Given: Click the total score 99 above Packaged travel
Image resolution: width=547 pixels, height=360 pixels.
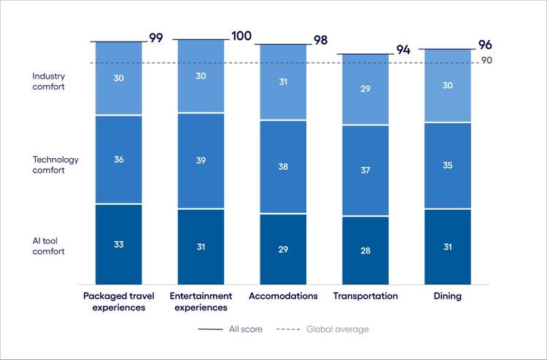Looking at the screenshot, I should click(x=156, y=38).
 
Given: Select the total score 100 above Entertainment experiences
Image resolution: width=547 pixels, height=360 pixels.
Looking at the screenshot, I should click(x=242, y=36).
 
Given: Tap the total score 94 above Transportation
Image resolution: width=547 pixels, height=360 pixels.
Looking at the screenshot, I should click(x=403, y=50).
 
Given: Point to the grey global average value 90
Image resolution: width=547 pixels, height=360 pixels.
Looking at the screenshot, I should click(x=486, y=60).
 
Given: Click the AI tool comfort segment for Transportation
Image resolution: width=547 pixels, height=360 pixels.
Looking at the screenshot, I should click(x=365, y=250).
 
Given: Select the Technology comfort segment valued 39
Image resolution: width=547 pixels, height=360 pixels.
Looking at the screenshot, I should click(x=201, y=160).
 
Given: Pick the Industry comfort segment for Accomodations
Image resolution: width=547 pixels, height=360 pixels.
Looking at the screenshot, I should click(x=283, y=82).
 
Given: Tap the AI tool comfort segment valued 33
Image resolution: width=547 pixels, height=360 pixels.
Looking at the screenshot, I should click(x=118, y=245).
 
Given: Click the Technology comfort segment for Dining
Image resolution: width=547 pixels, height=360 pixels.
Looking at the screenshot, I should click(x=448, y=165).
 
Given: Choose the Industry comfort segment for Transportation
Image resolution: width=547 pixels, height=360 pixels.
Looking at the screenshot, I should click(x=365, y=89).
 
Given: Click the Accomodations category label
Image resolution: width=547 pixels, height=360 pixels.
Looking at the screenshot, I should click(x=283, y=296).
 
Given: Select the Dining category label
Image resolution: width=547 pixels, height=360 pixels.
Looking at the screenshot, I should click(x=448, y=296).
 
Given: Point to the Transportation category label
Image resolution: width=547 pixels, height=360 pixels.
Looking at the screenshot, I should click(x=365, y=296).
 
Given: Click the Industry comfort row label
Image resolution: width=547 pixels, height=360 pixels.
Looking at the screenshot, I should click(x=49, y=81).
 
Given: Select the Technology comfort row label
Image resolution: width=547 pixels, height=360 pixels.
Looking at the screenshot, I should click(x=55, y=165).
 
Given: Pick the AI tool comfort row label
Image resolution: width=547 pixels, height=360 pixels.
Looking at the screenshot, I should click(x=49, y=246).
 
